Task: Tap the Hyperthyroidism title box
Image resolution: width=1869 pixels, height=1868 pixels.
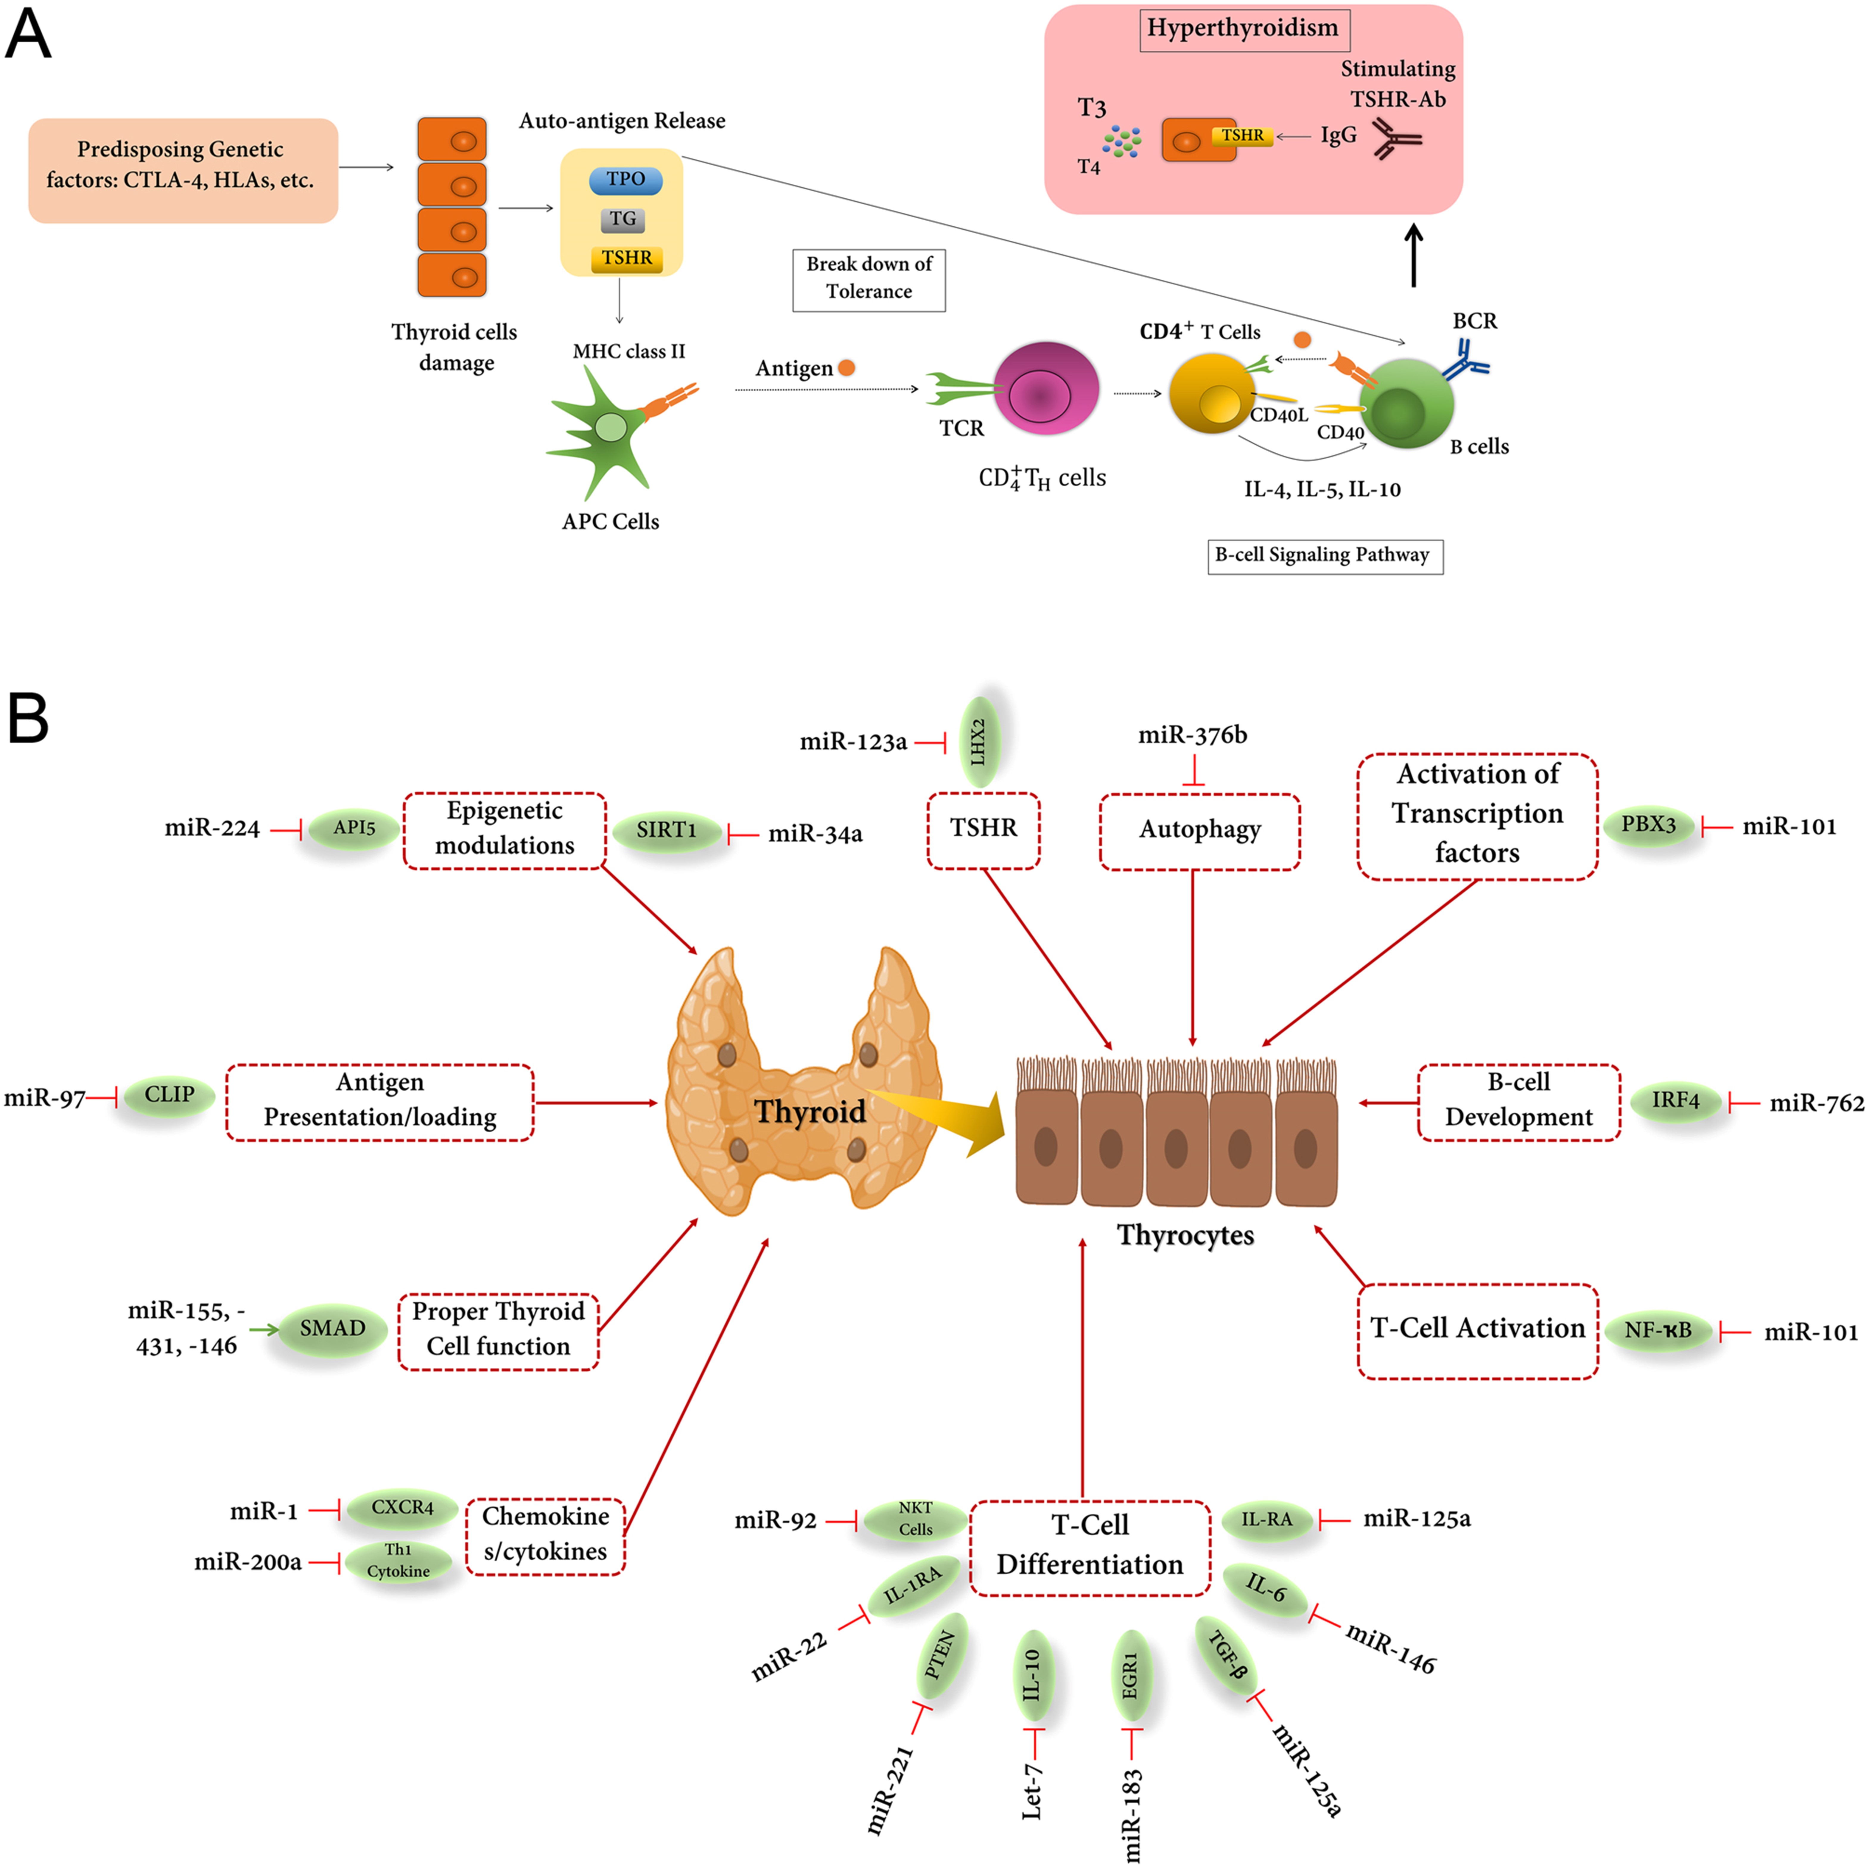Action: [1243, 29]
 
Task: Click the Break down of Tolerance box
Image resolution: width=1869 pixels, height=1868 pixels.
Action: [869, 278]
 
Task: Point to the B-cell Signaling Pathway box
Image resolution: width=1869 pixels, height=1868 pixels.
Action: [1324, 555]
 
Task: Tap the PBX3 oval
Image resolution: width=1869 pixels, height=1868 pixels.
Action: [1648, 825]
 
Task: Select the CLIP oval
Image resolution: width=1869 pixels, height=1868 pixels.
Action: [169, 1096]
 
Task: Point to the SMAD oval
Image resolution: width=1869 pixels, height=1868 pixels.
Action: [332, 1329]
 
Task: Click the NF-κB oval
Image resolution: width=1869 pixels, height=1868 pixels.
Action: [1658, 1331]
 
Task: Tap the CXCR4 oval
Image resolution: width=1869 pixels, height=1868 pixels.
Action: [402, 1508]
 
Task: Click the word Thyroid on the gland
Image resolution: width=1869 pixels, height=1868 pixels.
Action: [810, 1112]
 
